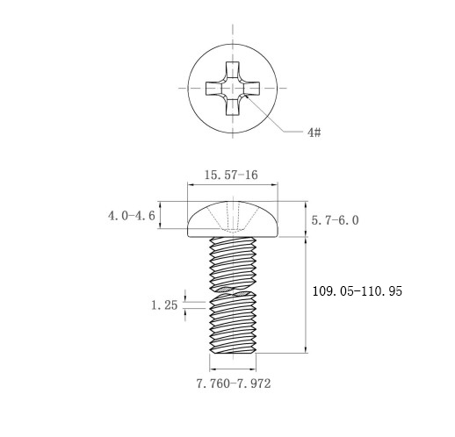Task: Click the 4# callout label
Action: click(x=314, y=133)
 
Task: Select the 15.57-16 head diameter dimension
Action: click(x=231, y=175)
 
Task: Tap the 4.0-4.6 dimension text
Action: click(x=132, y=216)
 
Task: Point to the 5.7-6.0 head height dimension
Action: click(x=335, y=220)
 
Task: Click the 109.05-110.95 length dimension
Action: click(x=357, y=291)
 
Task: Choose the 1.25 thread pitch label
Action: click(x=164, y=305)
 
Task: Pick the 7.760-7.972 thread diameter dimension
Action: click(x=234, y=383)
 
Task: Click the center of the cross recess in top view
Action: click(x=233, y=88)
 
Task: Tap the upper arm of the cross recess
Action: click(x=233, y=69)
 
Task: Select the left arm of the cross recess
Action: click(x=213, y=88)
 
